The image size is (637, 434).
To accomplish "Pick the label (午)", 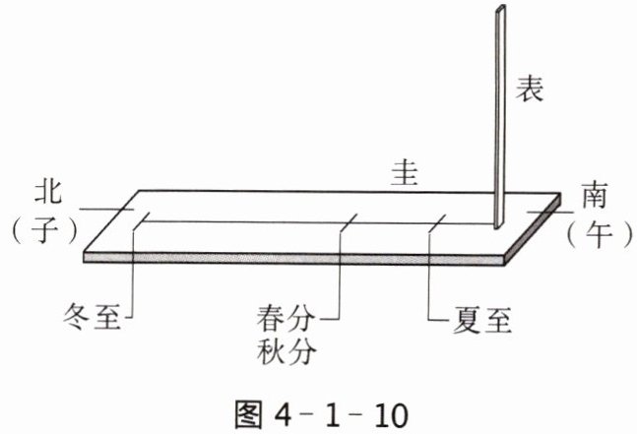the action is pos(593,233).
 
